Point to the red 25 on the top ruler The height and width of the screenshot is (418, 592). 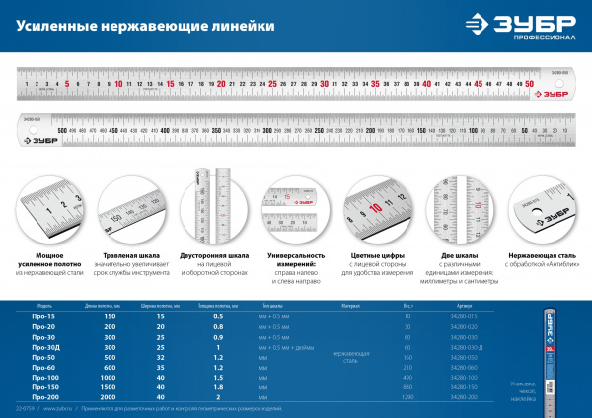coord(272,85)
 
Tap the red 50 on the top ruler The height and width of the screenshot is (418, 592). coord(530,85)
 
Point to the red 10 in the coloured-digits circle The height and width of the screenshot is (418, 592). coord(376,208)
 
